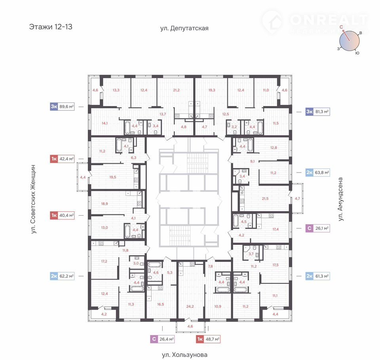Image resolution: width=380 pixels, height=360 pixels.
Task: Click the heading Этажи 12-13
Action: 51,27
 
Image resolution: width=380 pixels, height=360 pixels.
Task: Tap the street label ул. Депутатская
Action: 184,28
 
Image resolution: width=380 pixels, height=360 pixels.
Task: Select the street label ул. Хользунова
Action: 185,355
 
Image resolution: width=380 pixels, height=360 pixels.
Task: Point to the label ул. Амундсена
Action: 340,199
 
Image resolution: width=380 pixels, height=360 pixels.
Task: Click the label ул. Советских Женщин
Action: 33,199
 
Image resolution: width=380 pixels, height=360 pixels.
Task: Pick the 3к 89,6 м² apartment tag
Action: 62,106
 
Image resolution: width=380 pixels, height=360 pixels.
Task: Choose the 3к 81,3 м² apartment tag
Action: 317,112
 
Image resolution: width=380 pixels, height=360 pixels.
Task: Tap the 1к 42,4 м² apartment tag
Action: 62,159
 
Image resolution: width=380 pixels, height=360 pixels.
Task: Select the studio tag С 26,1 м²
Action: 317,228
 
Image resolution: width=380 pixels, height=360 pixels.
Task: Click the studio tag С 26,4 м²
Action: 162,339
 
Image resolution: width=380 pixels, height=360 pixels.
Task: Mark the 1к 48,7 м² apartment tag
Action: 208,339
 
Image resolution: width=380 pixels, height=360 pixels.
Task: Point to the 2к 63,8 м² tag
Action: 317,172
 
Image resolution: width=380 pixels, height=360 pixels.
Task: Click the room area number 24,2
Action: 190,307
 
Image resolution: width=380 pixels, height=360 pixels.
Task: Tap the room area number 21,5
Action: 265,199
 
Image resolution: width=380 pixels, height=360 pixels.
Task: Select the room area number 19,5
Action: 113,177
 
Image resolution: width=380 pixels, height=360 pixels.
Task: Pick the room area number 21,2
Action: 177,90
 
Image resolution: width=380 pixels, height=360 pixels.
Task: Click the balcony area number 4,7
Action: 297,199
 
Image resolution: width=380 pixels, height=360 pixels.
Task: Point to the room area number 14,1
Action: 104,123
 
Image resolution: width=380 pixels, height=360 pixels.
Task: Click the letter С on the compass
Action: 341,27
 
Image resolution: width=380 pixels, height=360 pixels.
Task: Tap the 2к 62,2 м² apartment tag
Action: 62,276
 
